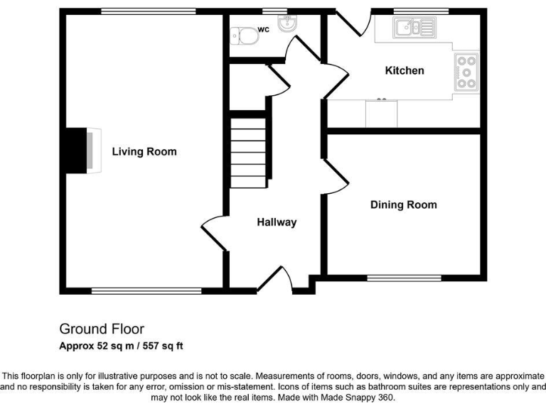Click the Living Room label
click(144, 152)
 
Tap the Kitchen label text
click(405, 70)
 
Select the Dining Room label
click(403, 205)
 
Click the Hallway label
click(277, 222)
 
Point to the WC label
click(263, 30)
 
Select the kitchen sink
click(414, 29)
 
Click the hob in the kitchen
click(467, 72)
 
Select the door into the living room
click(213, 233)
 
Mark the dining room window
click(403, 278)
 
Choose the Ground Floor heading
click(101, 329)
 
